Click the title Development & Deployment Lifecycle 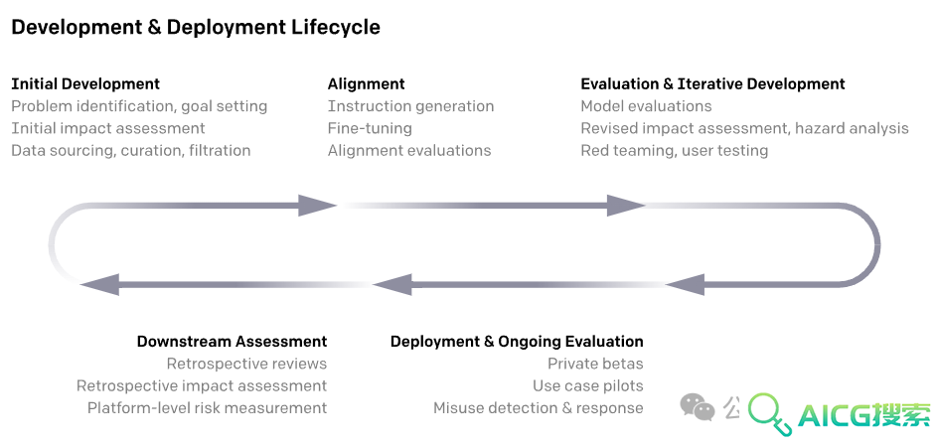[196, 28]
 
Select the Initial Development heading [85, 84]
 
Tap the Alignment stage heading [366, 84]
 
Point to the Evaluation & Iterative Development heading [713, 84]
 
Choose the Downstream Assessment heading [233, 342]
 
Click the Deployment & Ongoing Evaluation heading [517, 342]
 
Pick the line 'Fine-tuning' [370, 128]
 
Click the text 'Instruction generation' [411, 106]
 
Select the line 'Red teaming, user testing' [674, 151]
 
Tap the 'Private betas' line [595, 364]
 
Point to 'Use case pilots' [588, 386]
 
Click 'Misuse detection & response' [539, 408]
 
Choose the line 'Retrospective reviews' [246, 364]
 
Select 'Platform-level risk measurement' [207, 408]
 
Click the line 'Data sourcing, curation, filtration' [131, 151]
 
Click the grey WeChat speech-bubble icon [698, 407]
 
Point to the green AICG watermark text [864, 414]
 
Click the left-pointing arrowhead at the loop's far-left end [99, 284]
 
